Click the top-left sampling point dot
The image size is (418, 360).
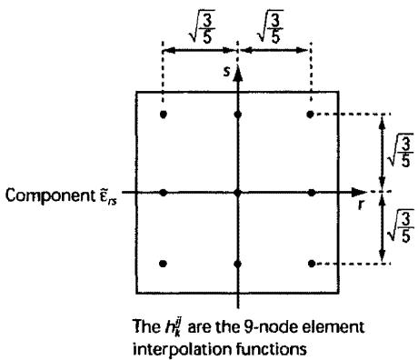point(164,115)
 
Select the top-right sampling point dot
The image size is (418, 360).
point(310,115)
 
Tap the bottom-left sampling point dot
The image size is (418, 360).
point(163,264)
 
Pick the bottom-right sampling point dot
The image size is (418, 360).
point(311,264)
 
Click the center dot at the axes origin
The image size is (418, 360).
point(238,192)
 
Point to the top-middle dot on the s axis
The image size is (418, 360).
point(238,115)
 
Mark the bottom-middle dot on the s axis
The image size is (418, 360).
point(238,264)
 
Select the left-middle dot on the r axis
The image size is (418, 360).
point(164,192)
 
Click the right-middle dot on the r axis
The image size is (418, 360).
point(311,192)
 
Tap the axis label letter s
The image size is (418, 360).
point(226,72)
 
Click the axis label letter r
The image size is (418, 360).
point(361,205)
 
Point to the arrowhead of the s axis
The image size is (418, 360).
point(238,74)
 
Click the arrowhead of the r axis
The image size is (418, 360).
point(359,192)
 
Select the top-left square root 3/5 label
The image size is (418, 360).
point(202,26)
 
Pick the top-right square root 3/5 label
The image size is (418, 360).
point(270,26)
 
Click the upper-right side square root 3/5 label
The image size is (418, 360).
point(402,150)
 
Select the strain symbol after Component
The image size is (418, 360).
point(106,196)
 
